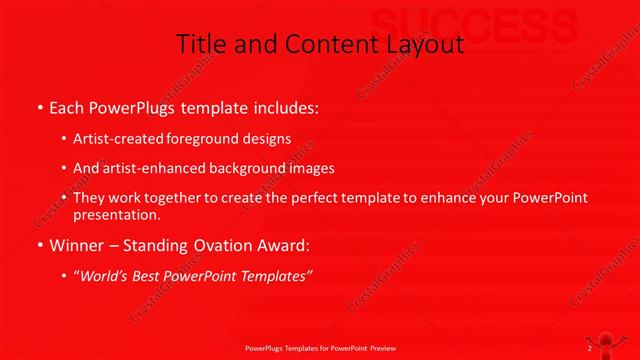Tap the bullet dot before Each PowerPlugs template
coord(39,106)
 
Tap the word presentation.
coord(117,215)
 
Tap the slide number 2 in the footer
coord(590,348)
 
